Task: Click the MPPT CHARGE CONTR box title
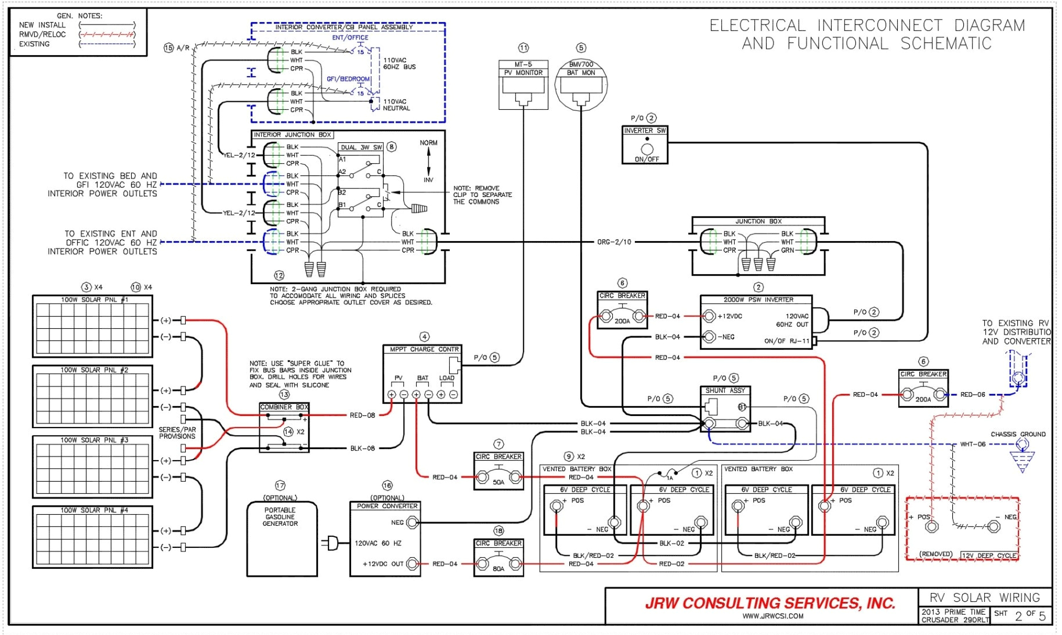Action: click(424, 349)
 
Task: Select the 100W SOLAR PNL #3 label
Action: click(94, 440)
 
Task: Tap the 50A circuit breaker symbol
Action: click(499, 478)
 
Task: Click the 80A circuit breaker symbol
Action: click(499, 564)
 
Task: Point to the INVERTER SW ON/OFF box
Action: click(645, 146)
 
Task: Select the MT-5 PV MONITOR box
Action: click(523, 84)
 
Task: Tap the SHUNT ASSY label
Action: click(725, 390)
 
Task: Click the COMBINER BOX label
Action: click(284, 407)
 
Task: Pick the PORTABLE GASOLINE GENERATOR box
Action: click(282, 539)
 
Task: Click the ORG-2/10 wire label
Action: click(614, 242)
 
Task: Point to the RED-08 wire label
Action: click(362, 415)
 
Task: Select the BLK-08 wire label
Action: click(363, 449)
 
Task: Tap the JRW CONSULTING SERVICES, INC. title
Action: click(770, 604)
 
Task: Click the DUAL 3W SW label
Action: click(361, 147)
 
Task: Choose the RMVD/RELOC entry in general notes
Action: click(42, 34)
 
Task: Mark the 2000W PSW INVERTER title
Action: click(758, 300)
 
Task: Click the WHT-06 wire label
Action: click(973, 444)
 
